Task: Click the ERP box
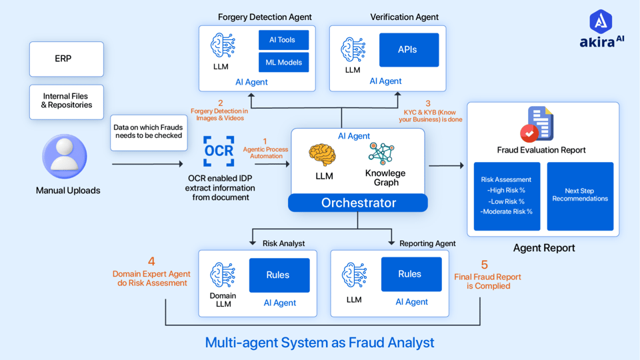tap(66, 59)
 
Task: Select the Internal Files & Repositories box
tap(66, 101)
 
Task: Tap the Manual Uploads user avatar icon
tap(65, 157)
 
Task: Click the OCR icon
tap(219, 151)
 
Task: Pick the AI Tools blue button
tap(283, 40)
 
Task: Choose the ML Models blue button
tap(283, 63)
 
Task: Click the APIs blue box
tap(409, 50)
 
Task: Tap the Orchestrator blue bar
tap(358, 203)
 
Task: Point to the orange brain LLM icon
tap(323, 155)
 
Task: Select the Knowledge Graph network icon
tap(382, 153)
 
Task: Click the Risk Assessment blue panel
tap(507, 196)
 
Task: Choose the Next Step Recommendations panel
tap(580, 196)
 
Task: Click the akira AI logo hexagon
tap(601, 21)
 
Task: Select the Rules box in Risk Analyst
tap(279, 275)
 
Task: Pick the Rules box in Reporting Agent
tap(410, 274)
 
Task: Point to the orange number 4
tap(151, 262)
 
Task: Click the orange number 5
tap(484, 265)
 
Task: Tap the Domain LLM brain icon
tap(222, 274)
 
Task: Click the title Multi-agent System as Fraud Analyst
tap(319, 343)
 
